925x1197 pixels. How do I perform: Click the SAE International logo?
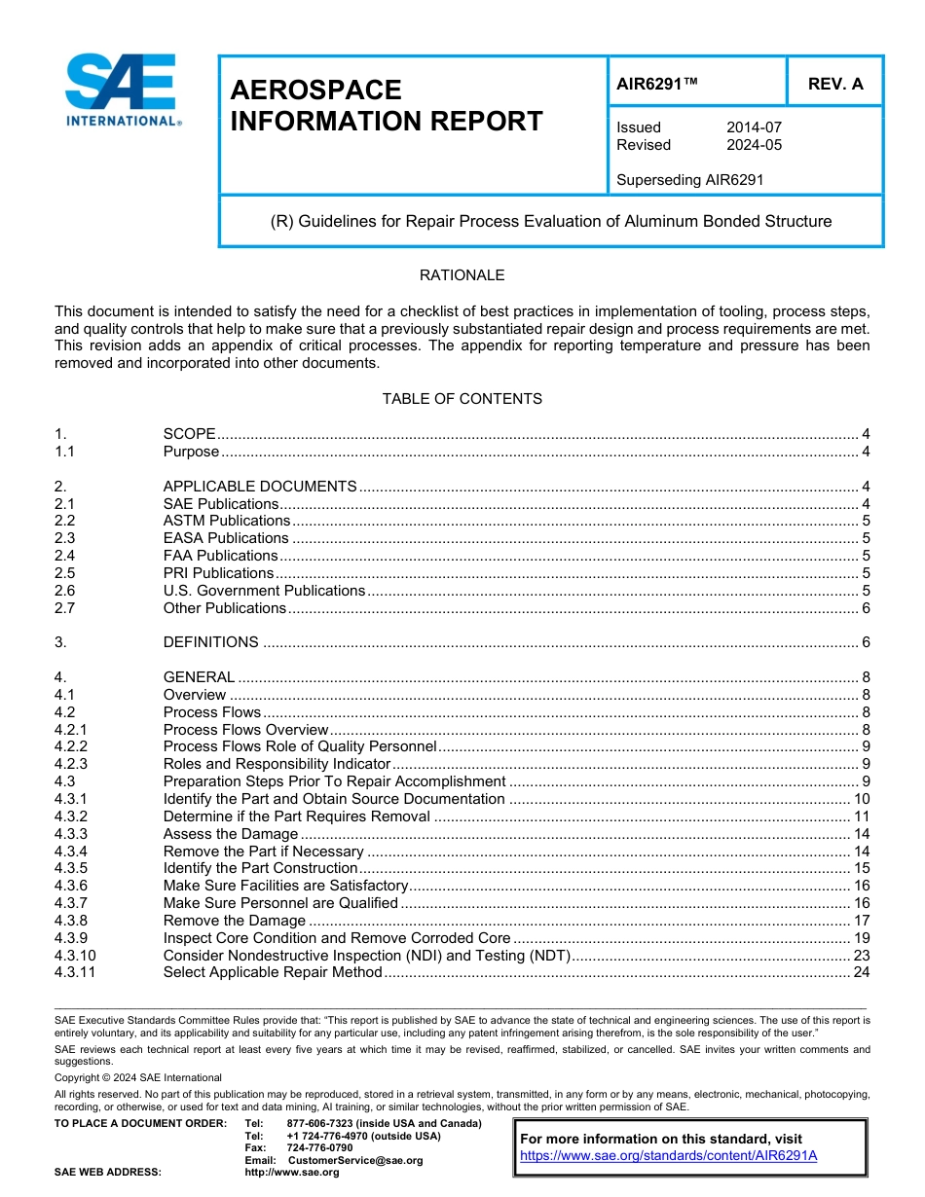click(x=122, y=90)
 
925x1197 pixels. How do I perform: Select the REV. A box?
click(x=834, y=84)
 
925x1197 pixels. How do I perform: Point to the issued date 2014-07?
click(x=754, y=127)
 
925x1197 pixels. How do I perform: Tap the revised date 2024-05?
click(x=754, y=145)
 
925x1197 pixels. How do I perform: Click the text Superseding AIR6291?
click(x=690, y=180)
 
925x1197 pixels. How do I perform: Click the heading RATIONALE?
click(x=462, y=275)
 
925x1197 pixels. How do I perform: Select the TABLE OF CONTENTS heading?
click(x=462, y=399)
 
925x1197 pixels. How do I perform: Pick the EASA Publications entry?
click(x=226, y=538)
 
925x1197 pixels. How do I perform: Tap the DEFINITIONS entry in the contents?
click(x=211, y=642)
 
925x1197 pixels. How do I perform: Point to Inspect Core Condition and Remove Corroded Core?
click(x=337, y=938)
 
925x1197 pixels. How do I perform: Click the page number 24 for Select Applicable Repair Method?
click(x=861, y=973)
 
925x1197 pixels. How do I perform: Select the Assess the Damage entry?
click(x=231, y=834)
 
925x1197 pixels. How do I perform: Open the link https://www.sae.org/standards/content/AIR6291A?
click(x=668, y=1155)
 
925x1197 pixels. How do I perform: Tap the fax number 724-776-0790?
click(x=319, y=1148)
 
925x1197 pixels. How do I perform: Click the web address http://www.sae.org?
click(x=292, y=1172)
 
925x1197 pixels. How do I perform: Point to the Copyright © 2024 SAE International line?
click(x=138, y=1077)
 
